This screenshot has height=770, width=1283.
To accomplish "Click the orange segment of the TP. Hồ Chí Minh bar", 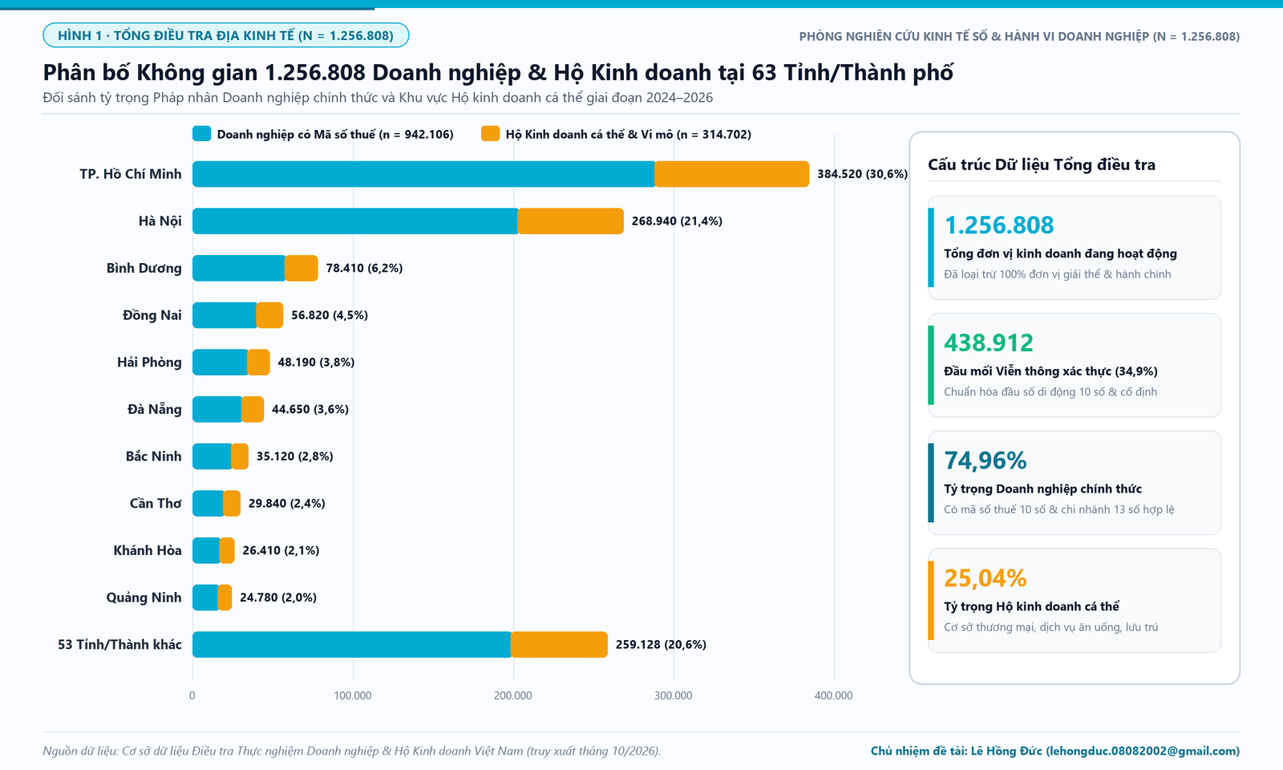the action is click(732, 174).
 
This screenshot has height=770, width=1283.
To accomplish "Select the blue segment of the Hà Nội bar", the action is click(355, 221).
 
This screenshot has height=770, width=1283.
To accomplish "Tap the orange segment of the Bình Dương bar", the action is click(302, 268).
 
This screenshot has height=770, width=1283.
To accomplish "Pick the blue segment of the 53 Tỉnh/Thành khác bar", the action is click(352, 645).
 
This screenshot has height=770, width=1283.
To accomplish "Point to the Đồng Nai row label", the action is click(152, 315).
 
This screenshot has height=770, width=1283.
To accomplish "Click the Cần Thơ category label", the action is click(156, 503).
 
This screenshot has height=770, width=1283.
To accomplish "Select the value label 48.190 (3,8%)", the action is click(316, 362).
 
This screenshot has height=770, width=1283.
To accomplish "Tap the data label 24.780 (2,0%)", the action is click(277, 598).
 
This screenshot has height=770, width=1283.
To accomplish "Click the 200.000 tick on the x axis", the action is click(513, 695).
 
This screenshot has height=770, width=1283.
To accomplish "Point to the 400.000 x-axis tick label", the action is click(834, 695).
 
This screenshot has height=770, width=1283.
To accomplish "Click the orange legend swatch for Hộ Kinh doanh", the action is click(490, 133).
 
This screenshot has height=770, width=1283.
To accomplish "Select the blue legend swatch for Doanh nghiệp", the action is click(201, 133).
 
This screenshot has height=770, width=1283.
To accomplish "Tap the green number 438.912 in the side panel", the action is click(989, 342).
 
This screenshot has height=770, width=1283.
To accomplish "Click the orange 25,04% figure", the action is click(986, 578).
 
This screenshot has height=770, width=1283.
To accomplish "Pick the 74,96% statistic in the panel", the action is click(986, 460).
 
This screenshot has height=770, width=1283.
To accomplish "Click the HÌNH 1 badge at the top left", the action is click(225, 35).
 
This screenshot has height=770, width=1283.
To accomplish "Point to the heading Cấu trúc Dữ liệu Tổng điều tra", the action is click(1042, 165).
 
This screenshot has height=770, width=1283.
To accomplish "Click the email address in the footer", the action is click(1143, 751).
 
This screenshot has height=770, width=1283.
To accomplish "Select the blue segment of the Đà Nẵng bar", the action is click(217, 409).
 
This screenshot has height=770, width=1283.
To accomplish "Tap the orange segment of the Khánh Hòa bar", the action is click(227, 550).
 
